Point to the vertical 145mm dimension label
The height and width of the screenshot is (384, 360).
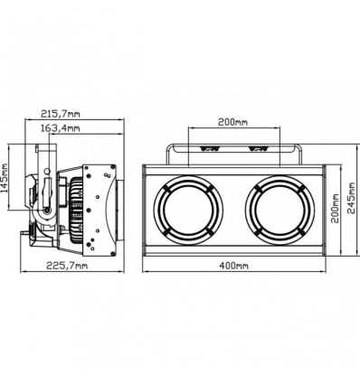pyautogui.click(x=6, y=179)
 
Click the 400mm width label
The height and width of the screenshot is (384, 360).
pyautogui.click(x=233, y=266)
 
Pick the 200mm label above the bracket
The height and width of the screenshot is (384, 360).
pyautogui.click(x=233, y=122)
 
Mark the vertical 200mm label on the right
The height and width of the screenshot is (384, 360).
pyautogui.click(x=334, y=210)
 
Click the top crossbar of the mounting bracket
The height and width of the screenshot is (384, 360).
pyautogui.click(x=233, y=144)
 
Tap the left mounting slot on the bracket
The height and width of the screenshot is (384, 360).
pyautogui.click(x=210, y=149)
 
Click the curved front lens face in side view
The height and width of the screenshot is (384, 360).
pyautogui.click(x=116, y=210)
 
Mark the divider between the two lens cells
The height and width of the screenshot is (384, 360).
pyautogui.click(x=233, y=210)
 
